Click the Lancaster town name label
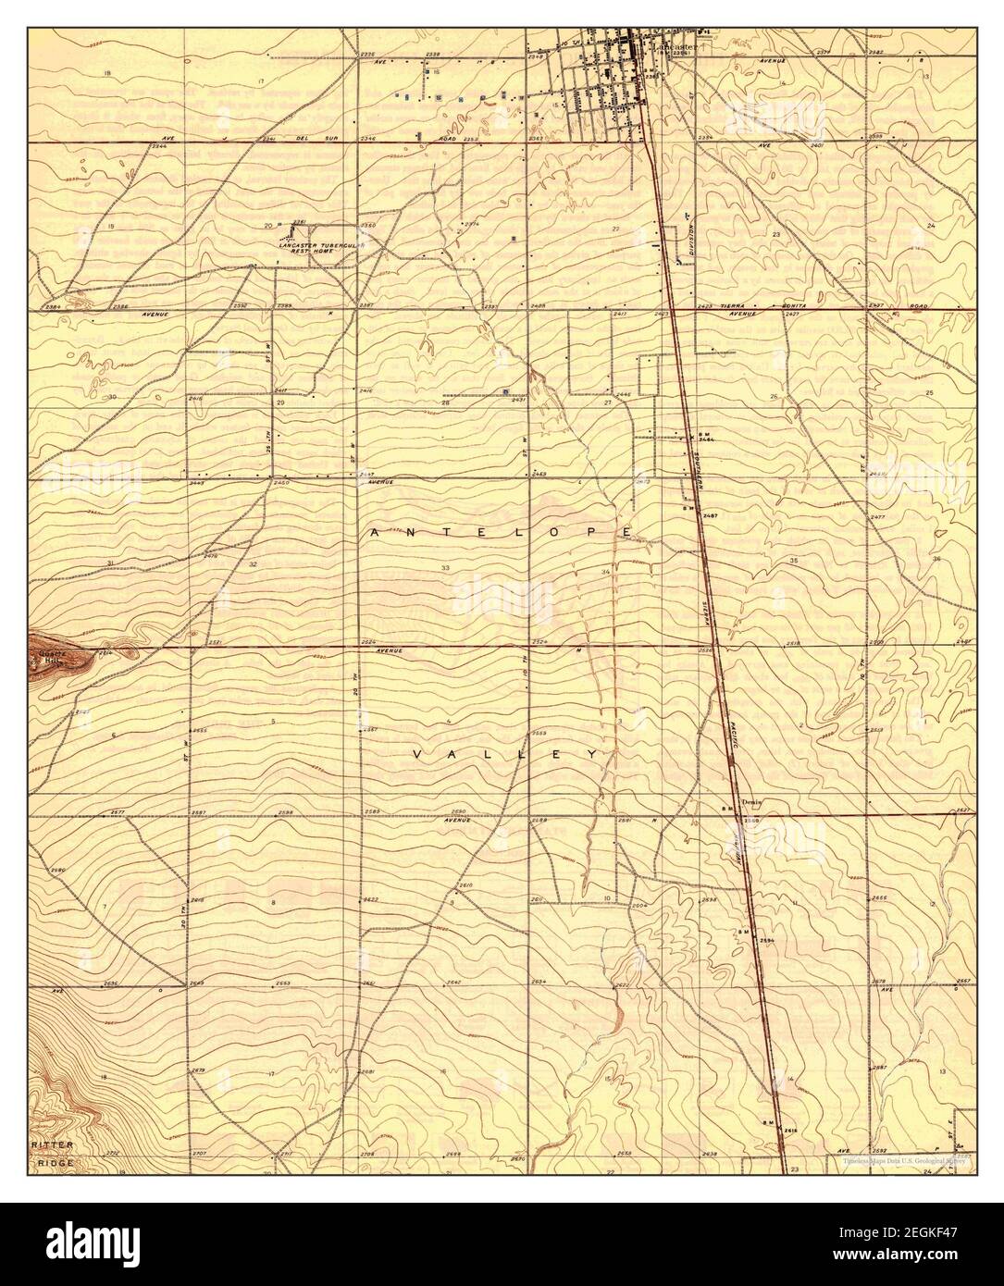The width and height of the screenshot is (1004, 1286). [675, 44]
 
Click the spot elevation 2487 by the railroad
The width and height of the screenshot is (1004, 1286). [710, 514]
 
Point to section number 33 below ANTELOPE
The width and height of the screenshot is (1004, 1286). [445, 567]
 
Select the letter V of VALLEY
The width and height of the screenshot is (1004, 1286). [417, 756]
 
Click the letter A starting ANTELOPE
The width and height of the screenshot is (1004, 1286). [374, 533]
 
